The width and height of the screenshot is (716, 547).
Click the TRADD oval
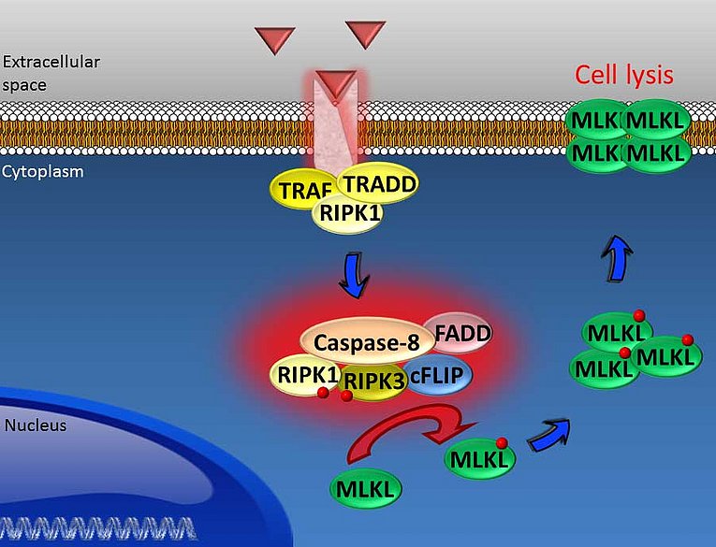pyautogui.click(x=378, y=183)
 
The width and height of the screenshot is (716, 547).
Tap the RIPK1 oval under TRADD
pyautogui.click(x=347, y=213)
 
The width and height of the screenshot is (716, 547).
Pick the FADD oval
pyautogui.click(x=459, y=332)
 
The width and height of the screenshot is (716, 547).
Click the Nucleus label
pyautogui.click(x=35, y=425)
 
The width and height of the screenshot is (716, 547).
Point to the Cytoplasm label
pyautogui.click(x=43, y=171)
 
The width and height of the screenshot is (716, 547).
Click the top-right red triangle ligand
pyautogui.click(x=365, y=33)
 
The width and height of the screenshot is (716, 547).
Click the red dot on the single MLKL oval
pyautogui.click(x=502, y=442)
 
